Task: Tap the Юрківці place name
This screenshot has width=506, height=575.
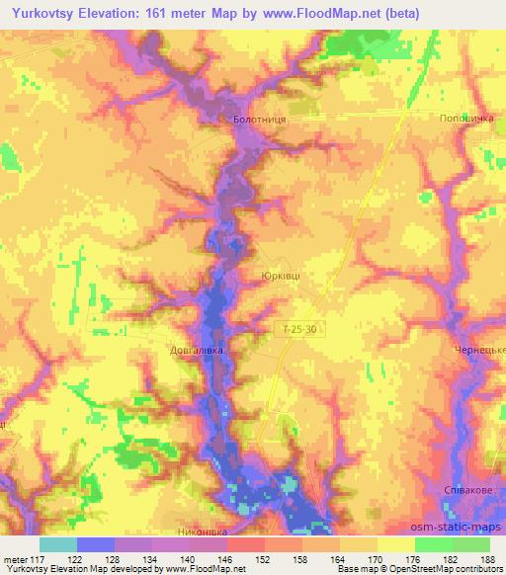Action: [280, 278]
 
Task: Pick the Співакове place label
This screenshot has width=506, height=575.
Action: [467, 490]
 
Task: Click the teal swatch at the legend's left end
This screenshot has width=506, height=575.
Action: [57, 544]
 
